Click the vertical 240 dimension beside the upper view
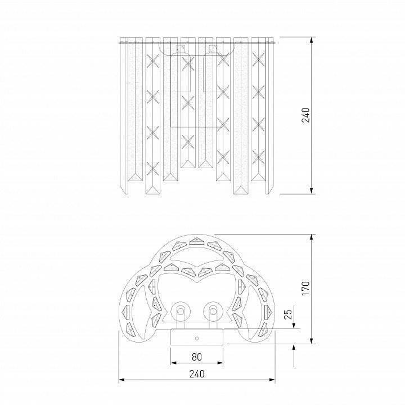pyautogui.click(x=306, y=115)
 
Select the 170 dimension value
pyautogui.click(x=306, y=289)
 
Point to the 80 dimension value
pyautogui.click(x=197, y=357)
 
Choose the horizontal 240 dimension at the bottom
pyautogui.click(x=197, y=373)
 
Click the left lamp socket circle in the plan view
pyautogui.click(x=181, y=311)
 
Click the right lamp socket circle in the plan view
pyautogui.click(x=213, y=311)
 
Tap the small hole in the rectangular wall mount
pyautogui.click(x=197, y=339)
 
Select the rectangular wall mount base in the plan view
pyautogui.click(x=197, y=337)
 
